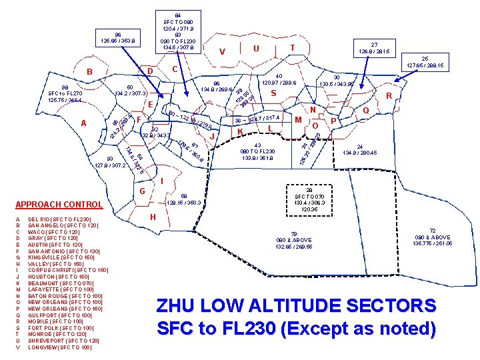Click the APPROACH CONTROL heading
(x=59, y=205)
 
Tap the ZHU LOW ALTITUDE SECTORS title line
(x=296, y=307)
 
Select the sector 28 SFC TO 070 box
(x=309, y=199)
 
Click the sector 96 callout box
(x=117, y=37)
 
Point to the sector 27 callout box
(x=374, y=46)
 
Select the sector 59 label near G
(x=185, y=198)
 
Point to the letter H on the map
(x=153, y=217)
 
